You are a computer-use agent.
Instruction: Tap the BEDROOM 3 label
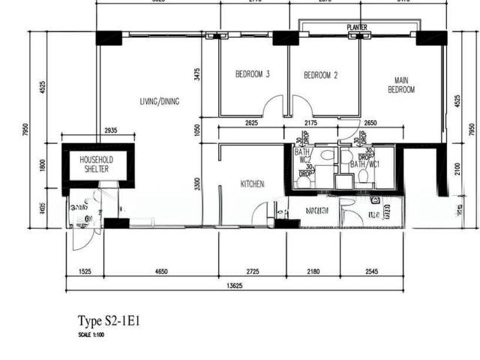(x=252, y=74)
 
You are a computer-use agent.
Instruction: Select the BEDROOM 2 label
(x=320, y=75)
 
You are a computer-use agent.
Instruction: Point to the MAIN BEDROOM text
(x=400, y=85)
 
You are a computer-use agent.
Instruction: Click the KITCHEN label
(x=252, y=184)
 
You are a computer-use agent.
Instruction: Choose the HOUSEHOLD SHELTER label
(x=96, y=164)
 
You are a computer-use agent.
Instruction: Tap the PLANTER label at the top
(x=357, y=28)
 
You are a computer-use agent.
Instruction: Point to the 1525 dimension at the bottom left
(x=84, y=271)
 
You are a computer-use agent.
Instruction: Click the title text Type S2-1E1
(x=109, y=322)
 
